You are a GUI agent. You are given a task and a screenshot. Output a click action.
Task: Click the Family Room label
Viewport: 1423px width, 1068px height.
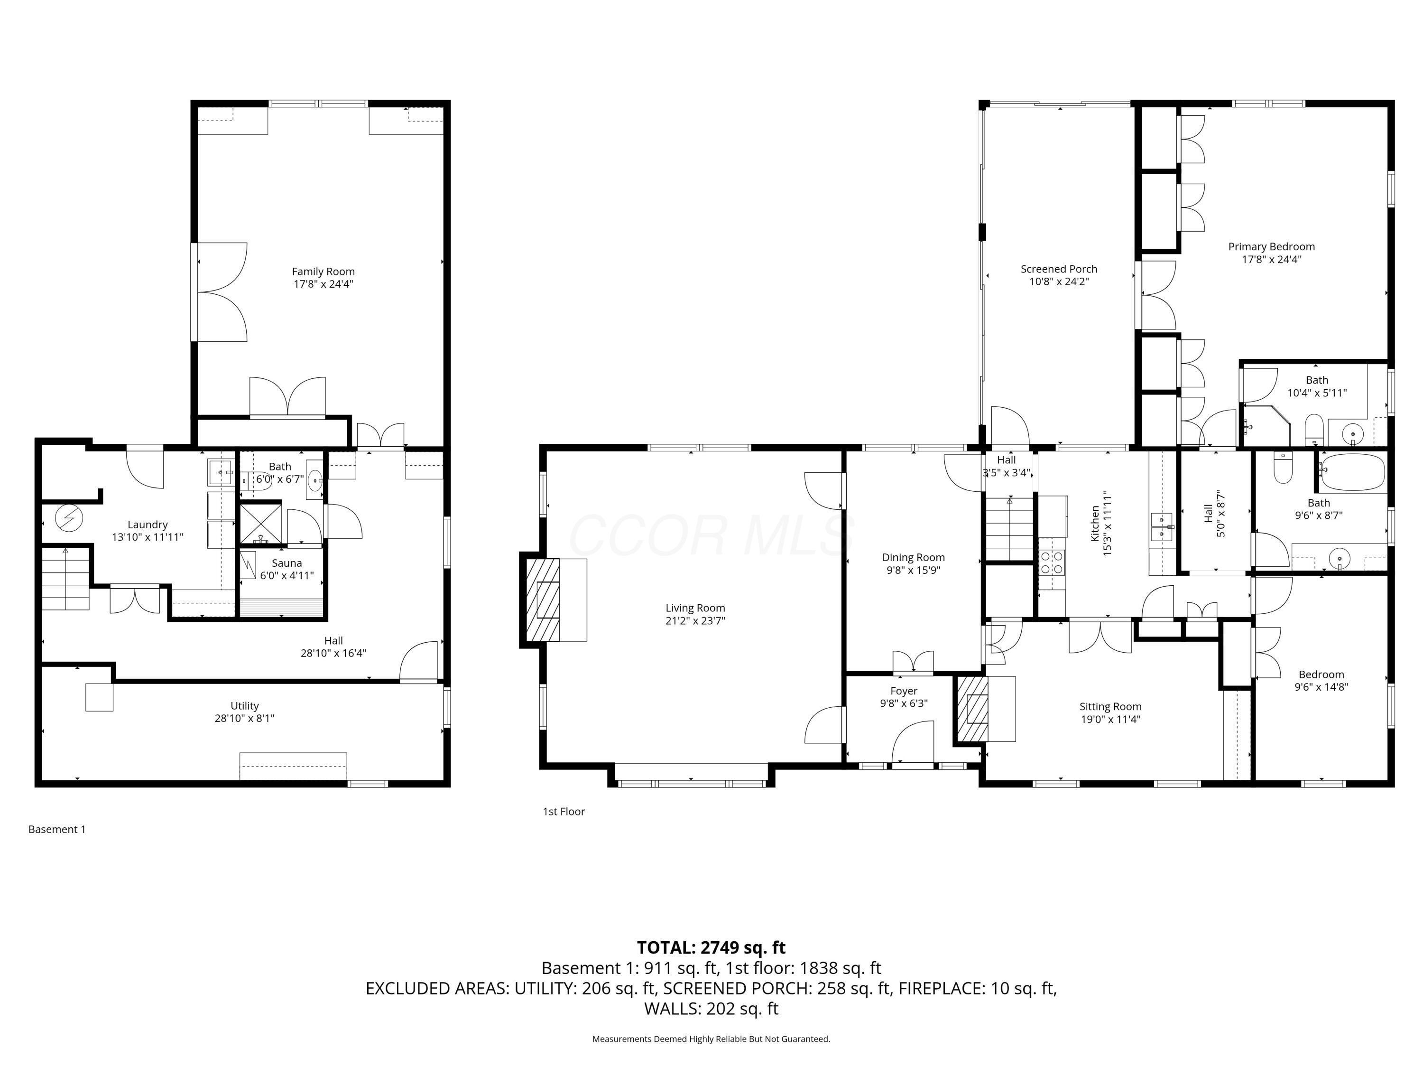[323, 272]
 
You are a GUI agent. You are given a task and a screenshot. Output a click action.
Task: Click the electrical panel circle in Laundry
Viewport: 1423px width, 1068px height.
[69, 517]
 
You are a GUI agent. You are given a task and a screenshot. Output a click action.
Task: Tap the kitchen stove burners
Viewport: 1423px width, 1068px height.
[1051, 563]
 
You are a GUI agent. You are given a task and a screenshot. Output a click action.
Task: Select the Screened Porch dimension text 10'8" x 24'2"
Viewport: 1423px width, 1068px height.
[1058, 282]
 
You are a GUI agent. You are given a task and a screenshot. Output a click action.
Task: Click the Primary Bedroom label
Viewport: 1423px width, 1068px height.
[1271, 246]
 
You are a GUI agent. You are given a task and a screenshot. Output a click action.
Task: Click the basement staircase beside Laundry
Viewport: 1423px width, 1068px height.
[65, 578]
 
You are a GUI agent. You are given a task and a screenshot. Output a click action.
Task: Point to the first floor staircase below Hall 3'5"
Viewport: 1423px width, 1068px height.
[1009, 528]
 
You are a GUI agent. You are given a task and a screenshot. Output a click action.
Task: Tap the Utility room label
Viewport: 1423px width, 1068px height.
[244, 705]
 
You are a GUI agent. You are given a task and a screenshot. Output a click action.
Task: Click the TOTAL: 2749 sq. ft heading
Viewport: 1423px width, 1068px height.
[711, 947]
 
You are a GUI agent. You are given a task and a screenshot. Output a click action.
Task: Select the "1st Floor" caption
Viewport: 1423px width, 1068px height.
[564, 812]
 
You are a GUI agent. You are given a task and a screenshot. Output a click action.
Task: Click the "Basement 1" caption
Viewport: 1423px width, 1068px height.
[56, 829]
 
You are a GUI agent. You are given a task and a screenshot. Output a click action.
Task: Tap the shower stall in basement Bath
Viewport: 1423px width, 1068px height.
[260, 524]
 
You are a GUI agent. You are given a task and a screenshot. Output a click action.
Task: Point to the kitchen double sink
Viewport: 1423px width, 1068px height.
[1161, 526]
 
